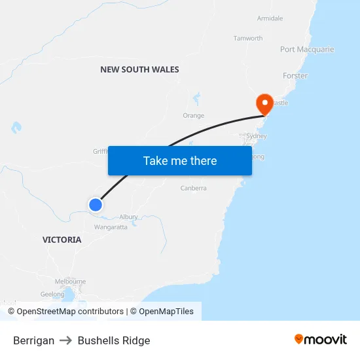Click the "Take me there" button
click(180, 160)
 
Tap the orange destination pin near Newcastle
click(264, 103)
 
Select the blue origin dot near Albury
click(96, 205)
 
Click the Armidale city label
click(270, 18)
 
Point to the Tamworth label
click(248, 39)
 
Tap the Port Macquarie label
click(307, 50)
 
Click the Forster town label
click(295, 76)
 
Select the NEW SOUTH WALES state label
click(139, 69)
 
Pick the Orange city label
click(193, 116)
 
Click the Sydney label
click(256, 136)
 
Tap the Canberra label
click(193, 189)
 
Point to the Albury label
click(128, 217)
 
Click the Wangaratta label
click(111, 227)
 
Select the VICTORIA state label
click(62, 240)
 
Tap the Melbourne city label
click(70, 281)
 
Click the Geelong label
click(52, 295)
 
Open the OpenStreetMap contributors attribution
click(70, 312)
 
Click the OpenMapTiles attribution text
click(166, 312)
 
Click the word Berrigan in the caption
click(33, 340)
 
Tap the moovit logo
click(321, 340)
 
